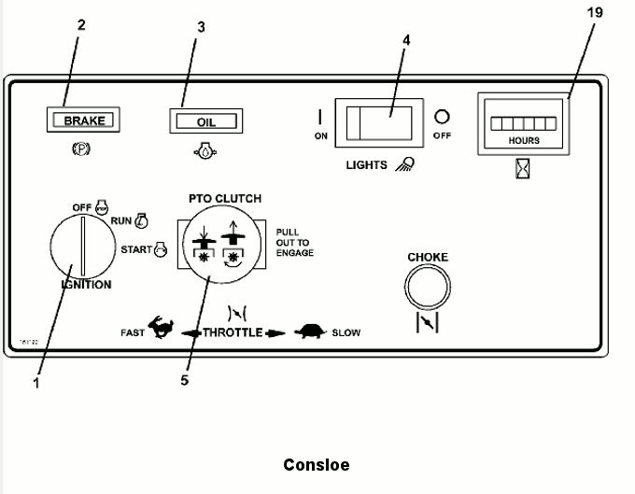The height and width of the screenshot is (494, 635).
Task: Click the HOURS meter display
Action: tap(523, 123)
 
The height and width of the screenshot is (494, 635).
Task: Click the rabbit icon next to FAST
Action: tap(162, 331)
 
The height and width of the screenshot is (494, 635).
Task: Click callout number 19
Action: tap(595, 13)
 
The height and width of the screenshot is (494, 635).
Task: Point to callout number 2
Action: tap(81, 25)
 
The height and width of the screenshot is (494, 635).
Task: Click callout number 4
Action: tap(405, 41)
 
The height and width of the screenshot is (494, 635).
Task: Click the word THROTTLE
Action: tap(233, 332)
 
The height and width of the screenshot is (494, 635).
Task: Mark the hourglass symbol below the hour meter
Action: tap(522, 171)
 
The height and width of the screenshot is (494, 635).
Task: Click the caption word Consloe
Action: tap(316, 464)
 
